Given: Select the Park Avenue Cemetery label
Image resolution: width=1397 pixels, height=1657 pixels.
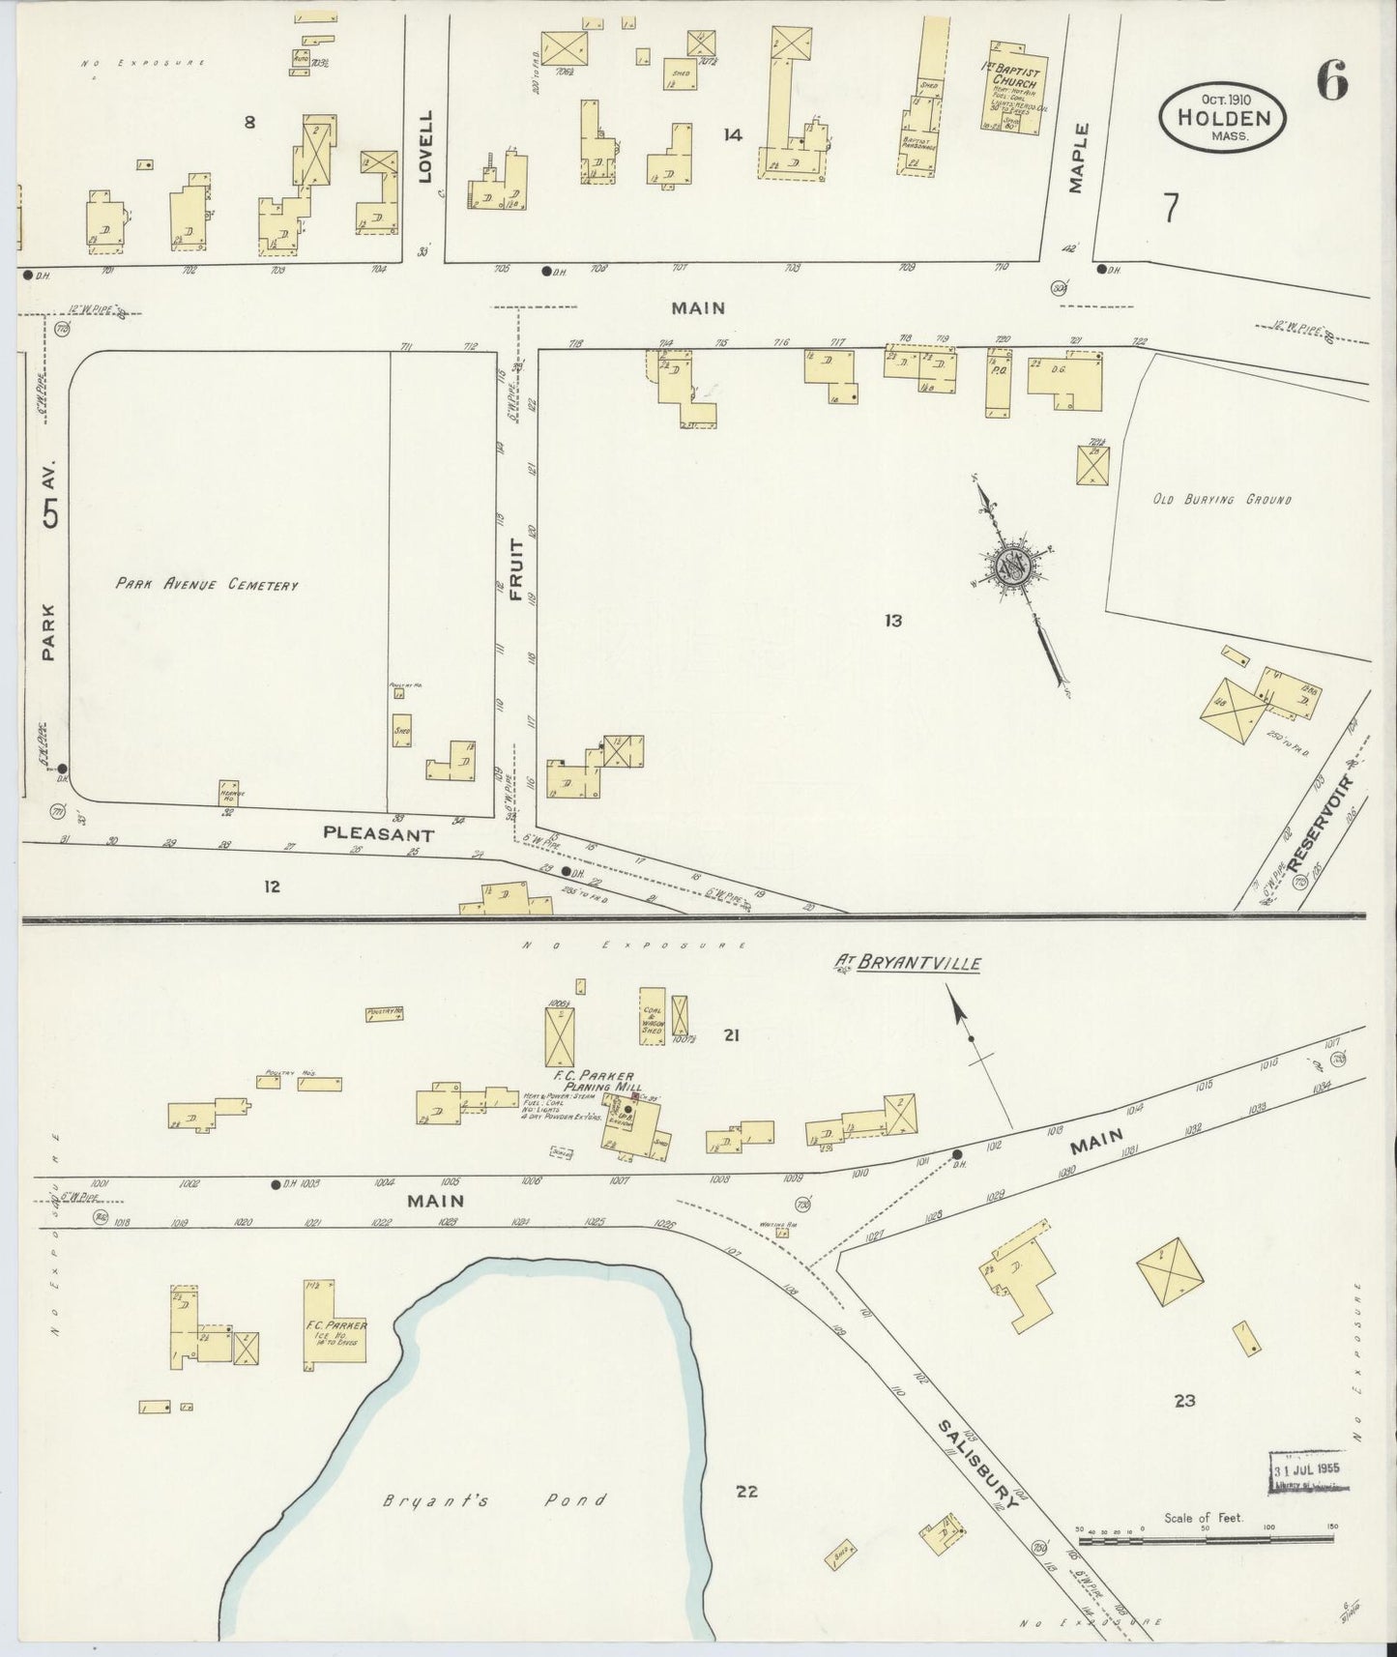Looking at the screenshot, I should pyautogui.click(x=207, y=584).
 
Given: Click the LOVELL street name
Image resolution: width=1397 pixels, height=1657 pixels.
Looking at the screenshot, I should pyautogui.click(x=426, y=147).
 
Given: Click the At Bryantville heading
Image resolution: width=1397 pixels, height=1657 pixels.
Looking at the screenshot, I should pyautogui.click(x=909, y=964).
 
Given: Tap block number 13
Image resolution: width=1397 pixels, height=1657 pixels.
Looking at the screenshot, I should pyautogui.click(x=892, y=621).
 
